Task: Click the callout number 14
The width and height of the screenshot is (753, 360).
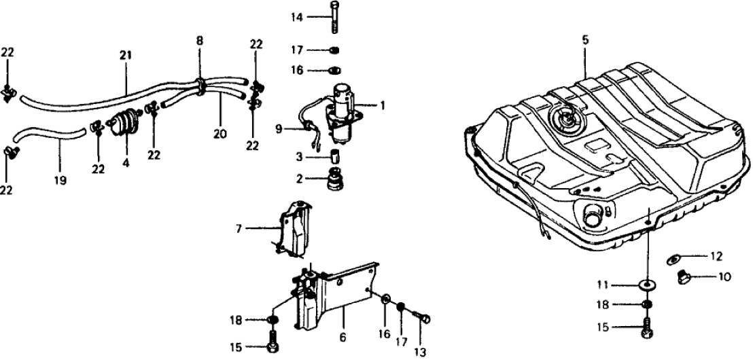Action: coord(297,17)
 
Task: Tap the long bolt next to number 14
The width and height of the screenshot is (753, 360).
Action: coord(335,17)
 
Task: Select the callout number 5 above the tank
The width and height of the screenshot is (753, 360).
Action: coord(585,40)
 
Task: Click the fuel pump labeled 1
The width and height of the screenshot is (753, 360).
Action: coord(342,113)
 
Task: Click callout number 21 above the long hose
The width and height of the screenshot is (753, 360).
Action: coord(125,56)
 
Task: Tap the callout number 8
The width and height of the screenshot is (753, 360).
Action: coord(199,41)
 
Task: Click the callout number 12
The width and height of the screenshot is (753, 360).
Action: coord(716,257)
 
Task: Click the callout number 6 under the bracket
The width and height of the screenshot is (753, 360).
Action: coord(343,338)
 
